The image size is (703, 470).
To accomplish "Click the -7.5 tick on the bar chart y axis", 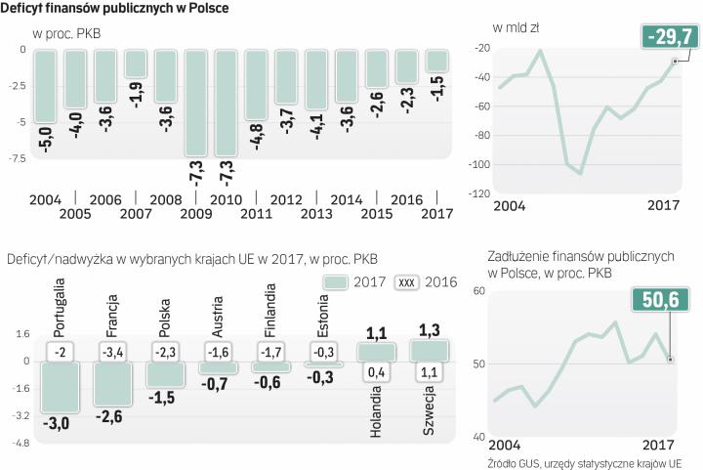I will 16,155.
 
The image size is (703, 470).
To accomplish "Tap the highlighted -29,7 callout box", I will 669,38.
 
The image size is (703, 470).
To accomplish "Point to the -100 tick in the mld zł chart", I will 478,165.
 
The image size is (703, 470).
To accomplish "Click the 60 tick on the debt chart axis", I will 478,291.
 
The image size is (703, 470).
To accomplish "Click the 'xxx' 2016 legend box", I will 408,282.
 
